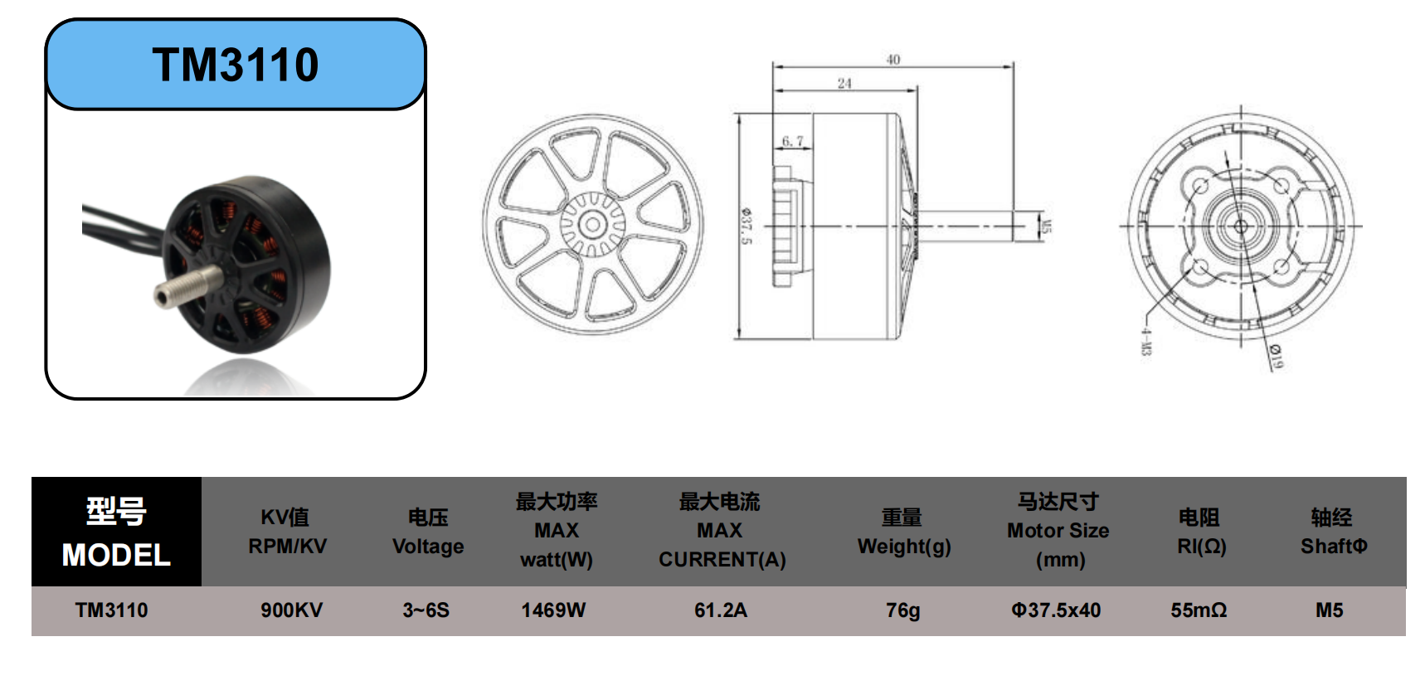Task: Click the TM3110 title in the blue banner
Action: coord(236,65)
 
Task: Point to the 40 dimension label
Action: coord(892,60)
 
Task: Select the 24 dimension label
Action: coord(844,83)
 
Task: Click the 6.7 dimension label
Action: coord(792,141)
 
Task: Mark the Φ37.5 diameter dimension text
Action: coord(746,226)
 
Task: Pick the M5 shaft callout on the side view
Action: coord(1046,226)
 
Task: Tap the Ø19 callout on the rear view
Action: coord(1277,357)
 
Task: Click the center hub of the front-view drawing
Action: coord(592,224)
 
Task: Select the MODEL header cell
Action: coord(116,532)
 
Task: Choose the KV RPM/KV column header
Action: coord(287,532)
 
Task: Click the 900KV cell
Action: coord(291,610)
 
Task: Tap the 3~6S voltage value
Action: coord(426,610)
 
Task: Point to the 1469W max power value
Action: coord(553,610)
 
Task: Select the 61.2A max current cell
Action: coord(721,610)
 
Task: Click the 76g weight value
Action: coord(902,610)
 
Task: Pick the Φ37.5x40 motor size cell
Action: coord(1056,610)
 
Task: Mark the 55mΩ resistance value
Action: coord(1199,610)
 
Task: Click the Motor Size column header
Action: coord(1058,531)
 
